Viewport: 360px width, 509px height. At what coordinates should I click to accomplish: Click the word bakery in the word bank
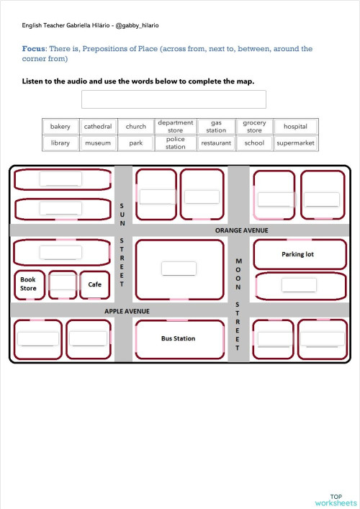[x=60, y=127]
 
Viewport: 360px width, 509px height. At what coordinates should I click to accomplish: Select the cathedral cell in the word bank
[x=98, y=127]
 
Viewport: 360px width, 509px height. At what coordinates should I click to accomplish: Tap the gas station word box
[x=215, y=127]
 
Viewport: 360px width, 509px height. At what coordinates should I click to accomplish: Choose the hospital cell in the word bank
[x=295, y=127]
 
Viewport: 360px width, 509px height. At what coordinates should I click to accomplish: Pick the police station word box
[x=175, y=143]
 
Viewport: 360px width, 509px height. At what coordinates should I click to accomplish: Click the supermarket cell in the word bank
[x=295, y=143]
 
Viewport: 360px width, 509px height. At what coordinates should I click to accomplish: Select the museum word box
[x=98, y=143]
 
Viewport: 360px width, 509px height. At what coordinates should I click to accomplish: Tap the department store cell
[x=175, y=127]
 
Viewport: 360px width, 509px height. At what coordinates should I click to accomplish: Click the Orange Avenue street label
[x=241, y=230]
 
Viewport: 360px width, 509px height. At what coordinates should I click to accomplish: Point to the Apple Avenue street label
[x=127, y=311]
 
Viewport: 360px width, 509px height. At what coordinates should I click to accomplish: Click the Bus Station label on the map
[x=178, y=338]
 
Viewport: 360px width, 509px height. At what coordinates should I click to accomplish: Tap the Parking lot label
[x=297, y=254]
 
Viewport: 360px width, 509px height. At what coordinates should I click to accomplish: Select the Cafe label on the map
[x=95, y=284]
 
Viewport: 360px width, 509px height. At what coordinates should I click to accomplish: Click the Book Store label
[x=28, y=284]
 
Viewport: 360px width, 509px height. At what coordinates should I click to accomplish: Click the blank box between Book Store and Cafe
[x=63, y=282]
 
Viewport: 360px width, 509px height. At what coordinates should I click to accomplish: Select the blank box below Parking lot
[x=299, y=284]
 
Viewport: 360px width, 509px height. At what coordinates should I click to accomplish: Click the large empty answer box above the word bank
[x=174, y=99]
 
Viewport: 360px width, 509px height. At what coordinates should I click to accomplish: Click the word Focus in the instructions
[x=34, y=49]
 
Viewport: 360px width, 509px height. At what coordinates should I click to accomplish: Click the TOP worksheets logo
[x=336, y=500]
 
